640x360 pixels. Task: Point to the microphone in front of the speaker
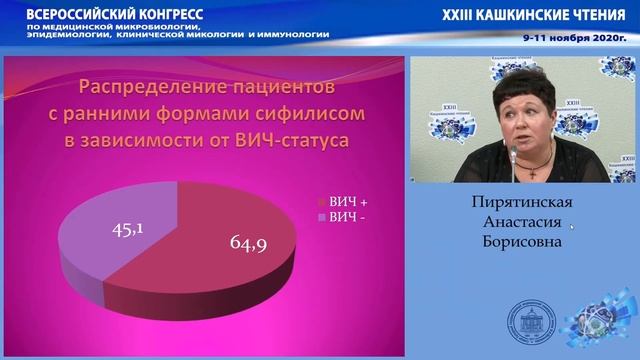pyautogui.click(x=512, y=155)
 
